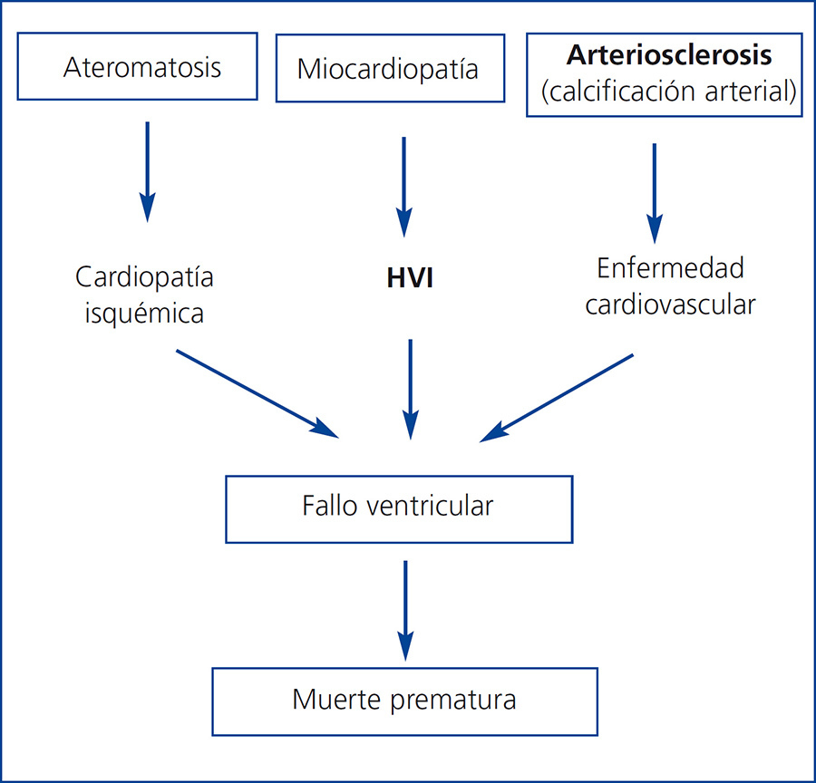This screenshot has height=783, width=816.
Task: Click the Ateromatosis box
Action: point(142,68)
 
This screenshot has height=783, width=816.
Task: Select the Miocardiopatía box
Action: point(389,69)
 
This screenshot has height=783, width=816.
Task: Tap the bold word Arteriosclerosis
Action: point(669,55)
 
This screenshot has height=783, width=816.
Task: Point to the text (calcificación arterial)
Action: point(669,92)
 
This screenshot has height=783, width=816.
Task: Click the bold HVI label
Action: point(410,278)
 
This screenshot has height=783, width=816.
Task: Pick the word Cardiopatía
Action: point(145,276)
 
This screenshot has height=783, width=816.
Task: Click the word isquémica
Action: point(145,314)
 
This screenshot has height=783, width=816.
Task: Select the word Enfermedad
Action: point(670,268)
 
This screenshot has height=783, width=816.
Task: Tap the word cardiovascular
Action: point(670,304)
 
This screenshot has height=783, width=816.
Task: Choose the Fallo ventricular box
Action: point(399,507)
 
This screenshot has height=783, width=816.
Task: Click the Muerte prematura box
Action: point(404,701)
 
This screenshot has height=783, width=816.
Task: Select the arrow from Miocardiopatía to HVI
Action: point(404,186)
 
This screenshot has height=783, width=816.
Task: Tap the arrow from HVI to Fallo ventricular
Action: point(411,388)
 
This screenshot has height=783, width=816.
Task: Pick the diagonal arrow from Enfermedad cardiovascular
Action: point(557,397)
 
